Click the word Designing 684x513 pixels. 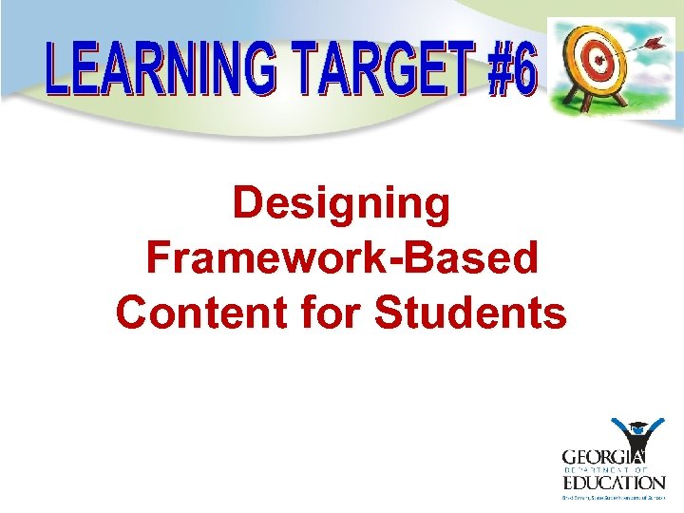341,204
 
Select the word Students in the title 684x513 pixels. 470,312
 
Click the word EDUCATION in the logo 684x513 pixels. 612,482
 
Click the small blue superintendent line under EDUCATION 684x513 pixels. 612,496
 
